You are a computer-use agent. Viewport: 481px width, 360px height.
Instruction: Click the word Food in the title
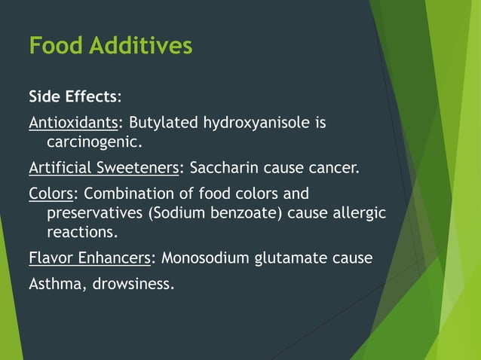click(56, 46)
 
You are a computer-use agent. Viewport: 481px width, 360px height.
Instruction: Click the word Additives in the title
click(140, 46)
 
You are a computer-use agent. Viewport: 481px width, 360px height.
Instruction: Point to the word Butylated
click(164, 122)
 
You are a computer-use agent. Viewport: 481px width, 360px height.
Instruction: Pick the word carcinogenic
click(93, 141)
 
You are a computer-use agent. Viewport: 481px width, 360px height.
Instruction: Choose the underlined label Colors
click(51, 194)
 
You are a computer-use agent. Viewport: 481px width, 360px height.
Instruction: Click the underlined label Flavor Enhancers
click(90, 258)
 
